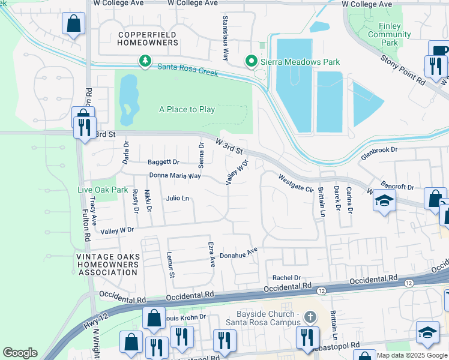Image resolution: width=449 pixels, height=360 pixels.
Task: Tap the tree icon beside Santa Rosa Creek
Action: [x=145, y=61]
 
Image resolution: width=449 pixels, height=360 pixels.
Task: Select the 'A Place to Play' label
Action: [x=187, y=109]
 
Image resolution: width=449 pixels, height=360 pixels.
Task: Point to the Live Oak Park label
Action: [x=103, y=190]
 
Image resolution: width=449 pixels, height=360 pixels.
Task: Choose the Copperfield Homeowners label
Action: [x=148, y=38]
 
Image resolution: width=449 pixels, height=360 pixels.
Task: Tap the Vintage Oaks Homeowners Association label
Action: [x=108, y=265]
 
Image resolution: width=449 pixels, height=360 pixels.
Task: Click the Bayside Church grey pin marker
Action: [x=310, y=316]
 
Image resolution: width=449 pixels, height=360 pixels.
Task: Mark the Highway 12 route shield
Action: [x=409, y=283]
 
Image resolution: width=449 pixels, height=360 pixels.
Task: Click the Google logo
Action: [x=20, y=352]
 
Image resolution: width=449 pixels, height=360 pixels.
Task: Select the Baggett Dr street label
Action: [x=164, y=162]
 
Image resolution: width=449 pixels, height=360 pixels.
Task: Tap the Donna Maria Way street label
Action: [x=175, y=176]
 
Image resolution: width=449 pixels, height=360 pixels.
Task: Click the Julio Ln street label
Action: [x=178, y=198]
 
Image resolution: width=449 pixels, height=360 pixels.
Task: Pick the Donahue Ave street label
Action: [x=238, y=255]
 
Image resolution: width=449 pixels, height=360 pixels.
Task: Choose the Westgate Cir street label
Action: [x=296, y=182]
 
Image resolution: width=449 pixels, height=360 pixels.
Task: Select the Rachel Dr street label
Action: [x=286, y=278]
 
